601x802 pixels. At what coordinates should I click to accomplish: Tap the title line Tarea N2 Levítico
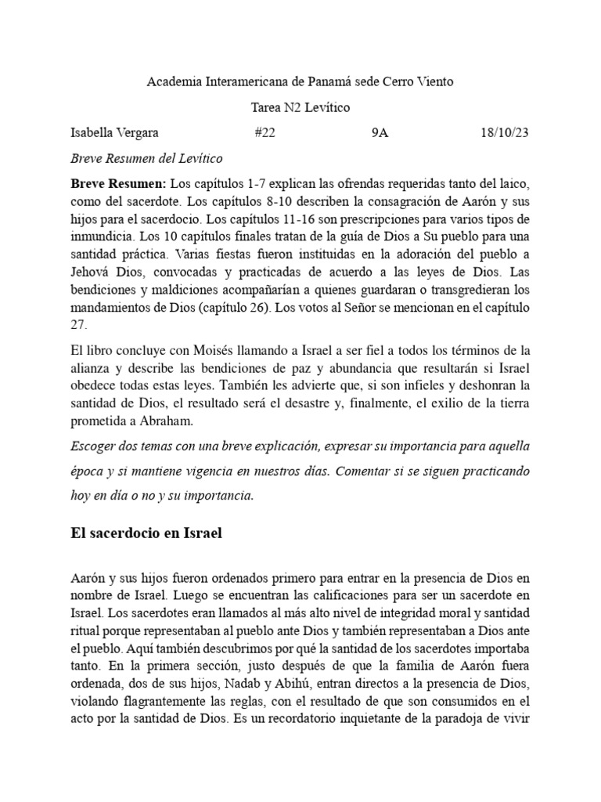300,107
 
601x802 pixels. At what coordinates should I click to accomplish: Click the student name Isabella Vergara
114,133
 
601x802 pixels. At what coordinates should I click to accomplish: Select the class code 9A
380,133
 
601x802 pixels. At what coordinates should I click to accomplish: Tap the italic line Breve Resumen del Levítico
146,158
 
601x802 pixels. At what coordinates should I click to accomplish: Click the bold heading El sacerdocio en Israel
146,534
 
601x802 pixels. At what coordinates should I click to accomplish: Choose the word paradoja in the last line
449,717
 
